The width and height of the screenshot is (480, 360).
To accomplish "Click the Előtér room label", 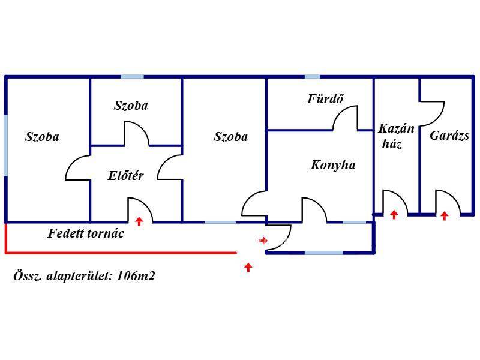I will tap(126, 176).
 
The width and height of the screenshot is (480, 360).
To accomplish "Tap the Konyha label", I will tap(333, 165).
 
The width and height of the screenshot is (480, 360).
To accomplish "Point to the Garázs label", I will tap(449, 136).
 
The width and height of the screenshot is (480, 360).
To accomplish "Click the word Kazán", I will tap(396, 128).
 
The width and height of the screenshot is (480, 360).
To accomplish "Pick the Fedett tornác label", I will tap(86, 233).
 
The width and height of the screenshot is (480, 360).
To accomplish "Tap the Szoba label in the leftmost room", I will tap(42, 137).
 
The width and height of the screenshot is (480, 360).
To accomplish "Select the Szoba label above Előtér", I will tap(131, 106).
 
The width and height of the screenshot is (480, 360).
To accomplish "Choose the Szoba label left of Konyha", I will tap(230, 137).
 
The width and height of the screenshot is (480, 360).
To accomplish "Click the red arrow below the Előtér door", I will tap(139, 221).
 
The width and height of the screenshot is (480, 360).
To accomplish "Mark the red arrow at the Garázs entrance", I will tap(444, 216).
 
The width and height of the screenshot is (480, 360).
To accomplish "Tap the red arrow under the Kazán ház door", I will tap(394, 214).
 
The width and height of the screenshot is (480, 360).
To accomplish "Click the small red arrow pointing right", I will tap(263, 241).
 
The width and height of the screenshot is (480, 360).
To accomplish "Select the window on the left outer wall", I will tap(5, 146).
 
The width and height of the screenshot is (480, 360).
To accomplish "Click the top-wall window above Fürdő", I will tap(312, 77).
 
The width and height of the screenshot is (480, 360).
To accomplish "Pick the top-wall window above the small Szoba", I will tap(132, 77).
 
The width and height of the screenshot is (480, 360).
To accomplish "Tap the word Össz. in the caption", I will tap(28, 277).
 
